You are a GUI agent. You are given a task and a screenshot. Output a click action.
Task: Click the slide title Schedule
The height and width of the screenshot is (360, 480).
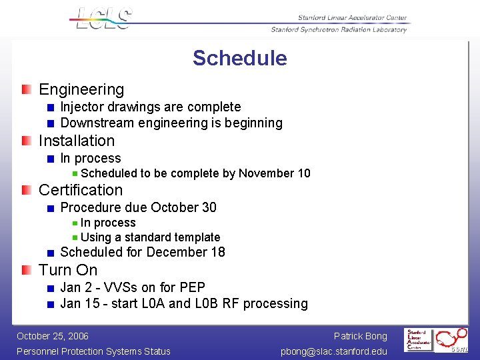click(239, 59)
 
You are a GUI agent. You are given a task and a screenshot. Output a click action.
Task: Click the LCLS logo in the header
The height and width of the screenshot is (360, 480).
click(103, 18)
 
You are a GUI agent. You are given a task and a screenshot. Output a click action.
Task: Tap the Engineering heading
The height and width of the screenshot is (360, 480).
click(81, 89)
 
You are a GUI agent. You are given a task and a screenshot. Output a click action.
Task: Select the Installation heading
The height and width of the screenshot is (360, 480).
click(77, 141)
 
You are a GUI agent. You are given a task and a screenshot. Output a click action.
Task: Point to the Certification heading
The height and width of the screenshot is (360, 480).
click(81, 190)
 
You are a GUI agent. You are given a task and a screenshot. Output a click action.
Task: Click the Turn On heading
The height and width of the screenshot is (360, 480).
click(68, 270)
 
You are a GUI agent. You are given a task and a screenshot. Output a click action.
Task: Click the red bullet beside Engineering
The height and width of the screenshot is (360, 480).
click(25, 89)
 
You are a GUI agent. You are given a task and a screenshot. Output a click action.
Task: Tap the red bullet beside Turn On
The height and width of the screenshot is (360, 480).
click(25, 270)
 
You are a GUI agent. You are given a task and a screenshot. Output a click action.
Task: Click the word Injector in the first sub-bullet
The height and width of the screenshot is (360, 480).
click(83, 107)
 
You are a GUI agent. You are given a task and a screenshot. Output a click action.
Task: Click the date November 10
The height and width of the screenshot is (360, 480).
click(274, 173)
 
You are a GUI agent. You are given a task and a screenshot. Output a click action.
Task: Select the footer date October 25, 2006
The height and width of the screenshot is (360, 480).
click(53, 336)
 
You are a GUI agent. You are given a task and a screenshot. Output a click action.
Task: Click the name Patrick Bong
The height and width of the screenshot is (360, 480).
click(360, 336)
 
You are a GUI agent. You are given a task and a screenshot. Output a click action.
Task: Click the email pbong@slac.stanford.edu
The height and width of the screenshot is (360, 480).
click(333, 351)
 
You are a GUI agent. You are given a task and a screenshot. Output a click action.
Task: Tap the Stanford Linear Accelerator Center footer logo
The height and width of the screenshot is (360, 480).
click(419, 339)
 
